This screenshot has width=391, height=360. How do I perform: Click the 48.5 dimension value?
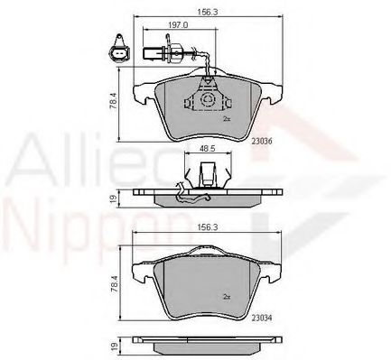(206, 148)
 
